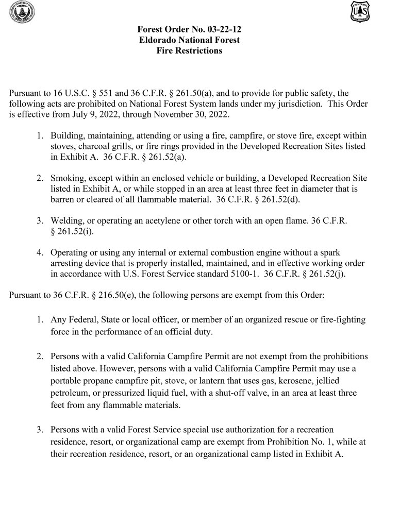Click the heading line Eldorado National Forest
click(189, 40)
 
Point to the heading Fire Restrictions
click(189, 50)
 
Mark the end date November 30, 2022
click(193, 114)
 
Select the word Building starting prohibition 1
click(68, 136)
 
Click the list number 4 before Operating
click(40, 252)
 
